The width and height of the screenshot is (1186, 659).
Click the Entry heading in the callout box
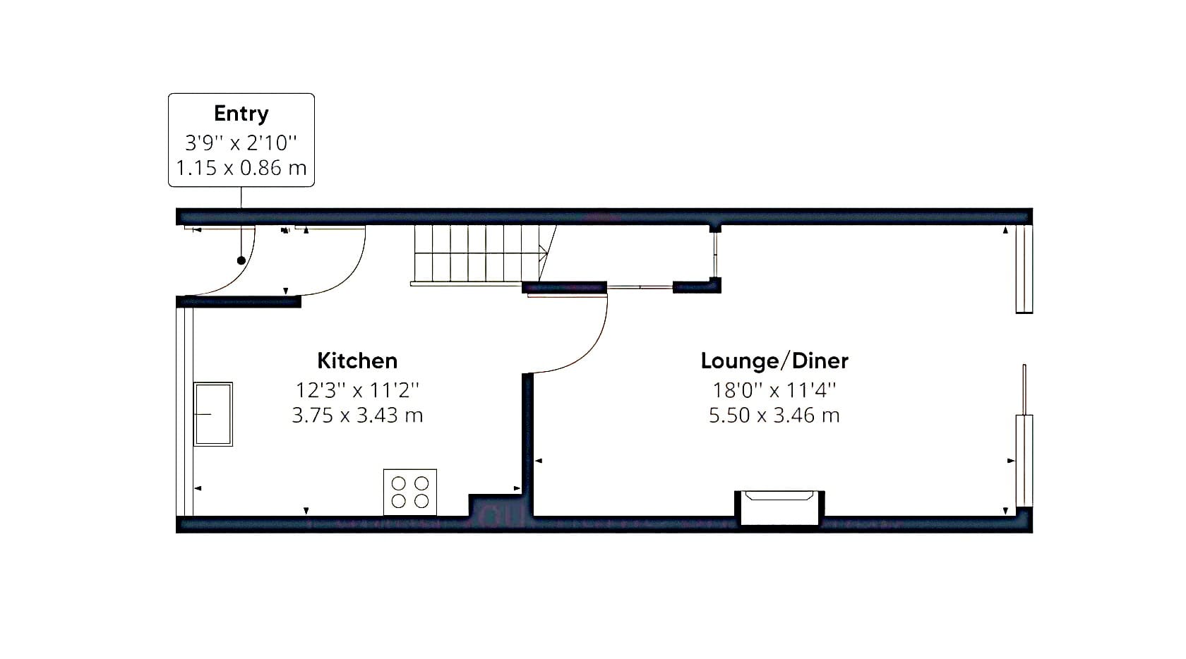tap(241, 114)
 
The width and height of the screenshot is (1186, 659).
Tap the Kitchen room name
tap(357, 361)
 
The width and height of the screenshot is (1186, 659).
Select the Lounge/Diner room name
tap(774, 361)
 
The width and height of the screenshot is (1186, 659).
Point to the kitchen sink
tap(213, 414)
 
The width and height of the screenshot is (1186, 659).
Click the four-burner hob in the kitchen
tap(410, 492)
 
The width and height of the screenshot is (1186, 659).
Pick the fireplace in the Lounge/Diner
tap(779, 507)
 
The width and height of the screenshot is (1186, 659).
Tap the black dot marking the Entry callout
tap(241, 260)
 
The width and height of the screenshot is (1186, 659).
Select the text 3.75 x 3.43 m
tap(357, 415)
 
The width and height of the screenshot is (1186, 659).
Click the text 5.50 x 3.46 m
tap(774, 415)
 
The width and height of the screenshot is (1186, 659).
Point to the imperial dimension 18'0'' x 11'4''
tap(774, 390)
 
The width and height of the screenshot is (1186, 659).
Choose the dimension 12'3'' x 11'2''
tap(357, 390)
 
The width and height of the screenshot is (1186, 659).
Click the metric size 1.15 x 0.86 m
tap(241, 168)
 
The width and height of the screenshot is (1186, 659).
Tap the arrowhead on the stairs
tap(544, 253)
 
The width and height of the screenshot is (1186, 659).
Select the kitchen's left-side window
tap(185, 411)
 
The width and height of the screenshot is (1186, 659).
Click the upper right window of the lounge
tap(1024, 270)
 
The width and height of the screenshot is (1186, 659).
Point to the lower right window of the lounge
tap(1024, 461)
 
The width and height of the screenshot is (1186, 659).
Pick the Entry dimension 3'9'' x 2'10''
tap(241, 143)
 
